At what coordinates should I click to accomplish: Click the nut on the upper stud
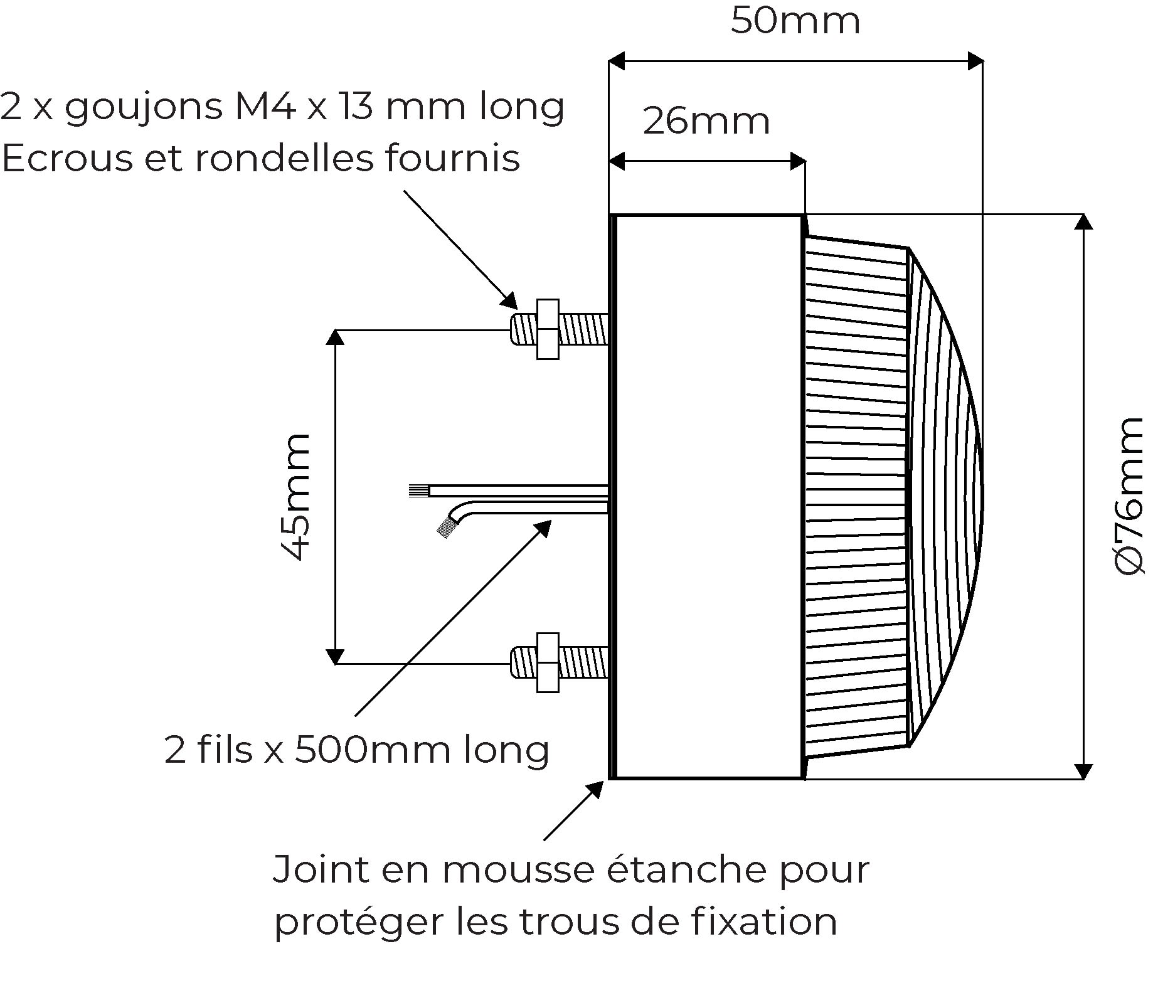point(548,329)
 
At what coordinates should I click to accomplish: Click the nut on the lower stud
point(548,662)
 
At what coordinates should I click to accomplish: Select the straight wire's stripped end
point(418,491)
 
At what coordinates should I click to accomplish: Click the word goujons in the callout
point(144,108)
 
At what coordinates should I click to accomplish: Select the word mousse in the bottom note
point(520,869)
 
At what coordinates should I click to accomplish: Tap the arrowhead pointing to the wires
point(543,528)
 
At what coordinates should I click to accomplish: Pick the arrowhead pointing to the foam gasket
point(595,789)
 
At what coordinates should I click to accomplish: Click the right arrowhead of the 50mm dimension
point(975,61)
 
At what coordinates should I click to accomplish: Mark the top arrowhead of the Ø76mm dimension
point(1084,222)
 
